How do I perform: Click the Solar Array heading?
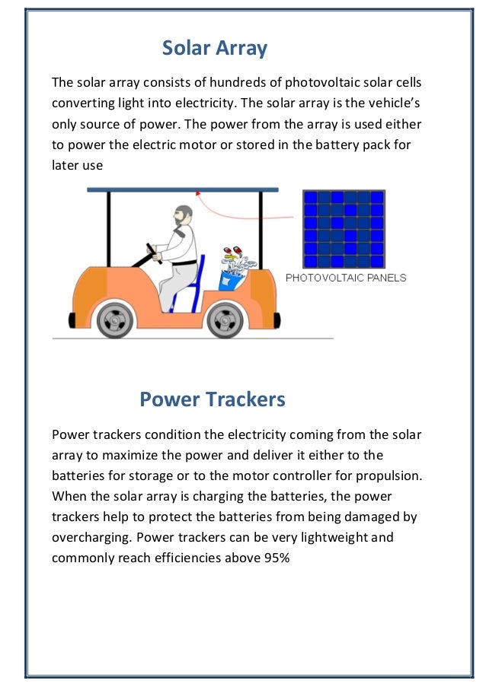[215, 48]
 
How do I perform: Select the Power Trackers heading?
[213, 399]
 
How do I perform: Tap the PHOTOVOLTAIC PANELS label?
[346, 278]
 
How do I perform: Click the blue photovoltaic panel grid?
[344, 229]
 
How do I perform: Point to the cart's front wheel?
[114, 320]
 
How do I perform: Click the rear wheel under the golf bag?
[225, 320]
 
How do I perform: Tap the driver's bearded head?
[183, 215]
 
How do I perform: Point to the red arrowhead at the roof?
[198, 192]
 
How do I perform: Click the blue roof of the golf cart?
[183, 189]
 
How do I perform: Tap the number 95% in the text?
[277, 558]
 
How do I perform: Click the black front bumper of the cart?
[72, 320]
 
